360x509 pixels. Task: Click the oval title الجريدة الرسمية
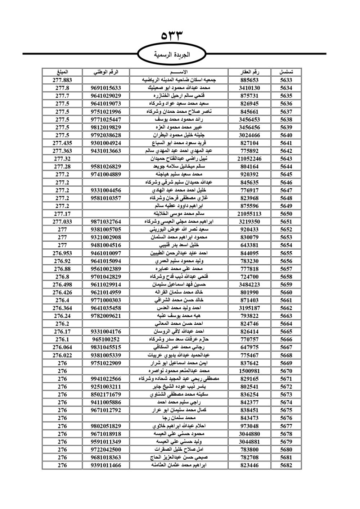coord(172,55)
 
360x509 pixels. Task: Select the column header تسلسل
coord(286,72)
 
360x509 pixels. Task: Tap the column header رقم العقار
coord(249,72)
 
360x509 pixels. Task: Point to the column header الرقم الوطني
coord(106,72)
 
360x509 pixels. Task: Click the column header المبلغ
coord(62,72)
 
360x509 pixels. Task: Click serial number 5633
coord(286,80)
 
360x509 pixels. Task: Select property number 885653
coord(249,80)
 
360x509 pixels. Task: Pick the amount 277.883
coord(62,80)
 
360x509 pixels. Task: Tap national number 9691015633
coord(106,88)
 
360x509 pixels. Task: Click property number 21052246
coord(249,159)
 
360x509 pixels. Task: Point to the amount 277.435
coord(62,143)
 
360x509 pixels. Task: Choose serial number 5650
coord(286,214)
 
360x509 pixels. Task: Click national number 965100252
coord(106,339)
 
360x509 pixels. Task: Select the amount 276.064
coord(62,347)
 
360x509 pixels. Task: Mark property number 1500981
coord(249,371)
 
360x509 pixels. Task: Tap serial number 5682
coord(286,465)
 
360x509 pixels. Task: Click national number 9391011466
coord(106,465)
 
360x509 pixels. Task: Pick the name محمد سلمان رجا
coord(179,418)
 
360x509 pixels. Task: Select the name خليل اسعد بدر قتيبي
coord(179,245)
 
